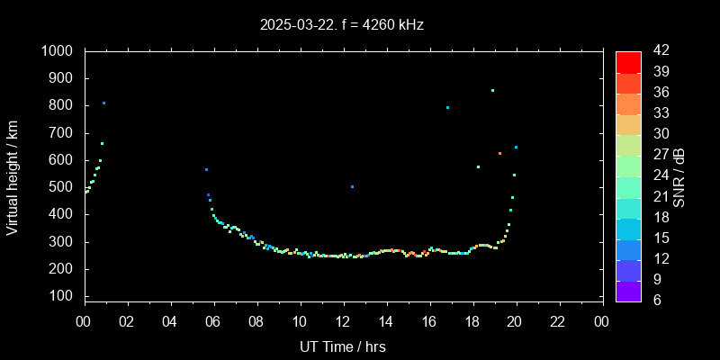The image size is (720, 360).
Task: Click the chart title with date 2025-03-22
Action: [x=341, y=25]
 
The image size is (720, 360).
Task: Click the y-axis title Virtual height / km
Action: [x=13, y=176]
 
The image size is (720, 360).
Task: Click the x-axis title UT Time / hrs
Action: [x=343, y=346]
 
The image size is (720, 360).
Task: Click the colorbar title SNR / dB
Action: [x=679, y=176]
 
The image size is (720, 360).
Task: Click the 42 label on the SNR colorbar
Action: [x=660, y=51]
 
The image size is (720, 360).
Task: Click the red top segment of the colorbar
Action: [x=628, y=61]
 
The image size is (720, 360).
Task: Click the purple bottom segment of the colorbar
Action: [x=628, y=291]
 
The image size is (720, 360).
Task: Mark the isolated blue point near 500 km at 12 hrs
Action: [x=352, y=186]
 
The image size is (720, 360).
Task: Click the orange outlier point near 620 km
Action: [x=500, y=153]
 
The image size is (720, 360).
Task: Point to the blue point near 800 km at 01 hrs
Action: [x=103, y=103]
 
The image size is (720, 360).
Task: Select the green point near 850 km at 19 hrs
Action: [x=492, y=90]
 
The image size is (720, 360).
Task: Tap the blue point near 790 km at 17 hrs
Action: [x=447, y=107]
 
